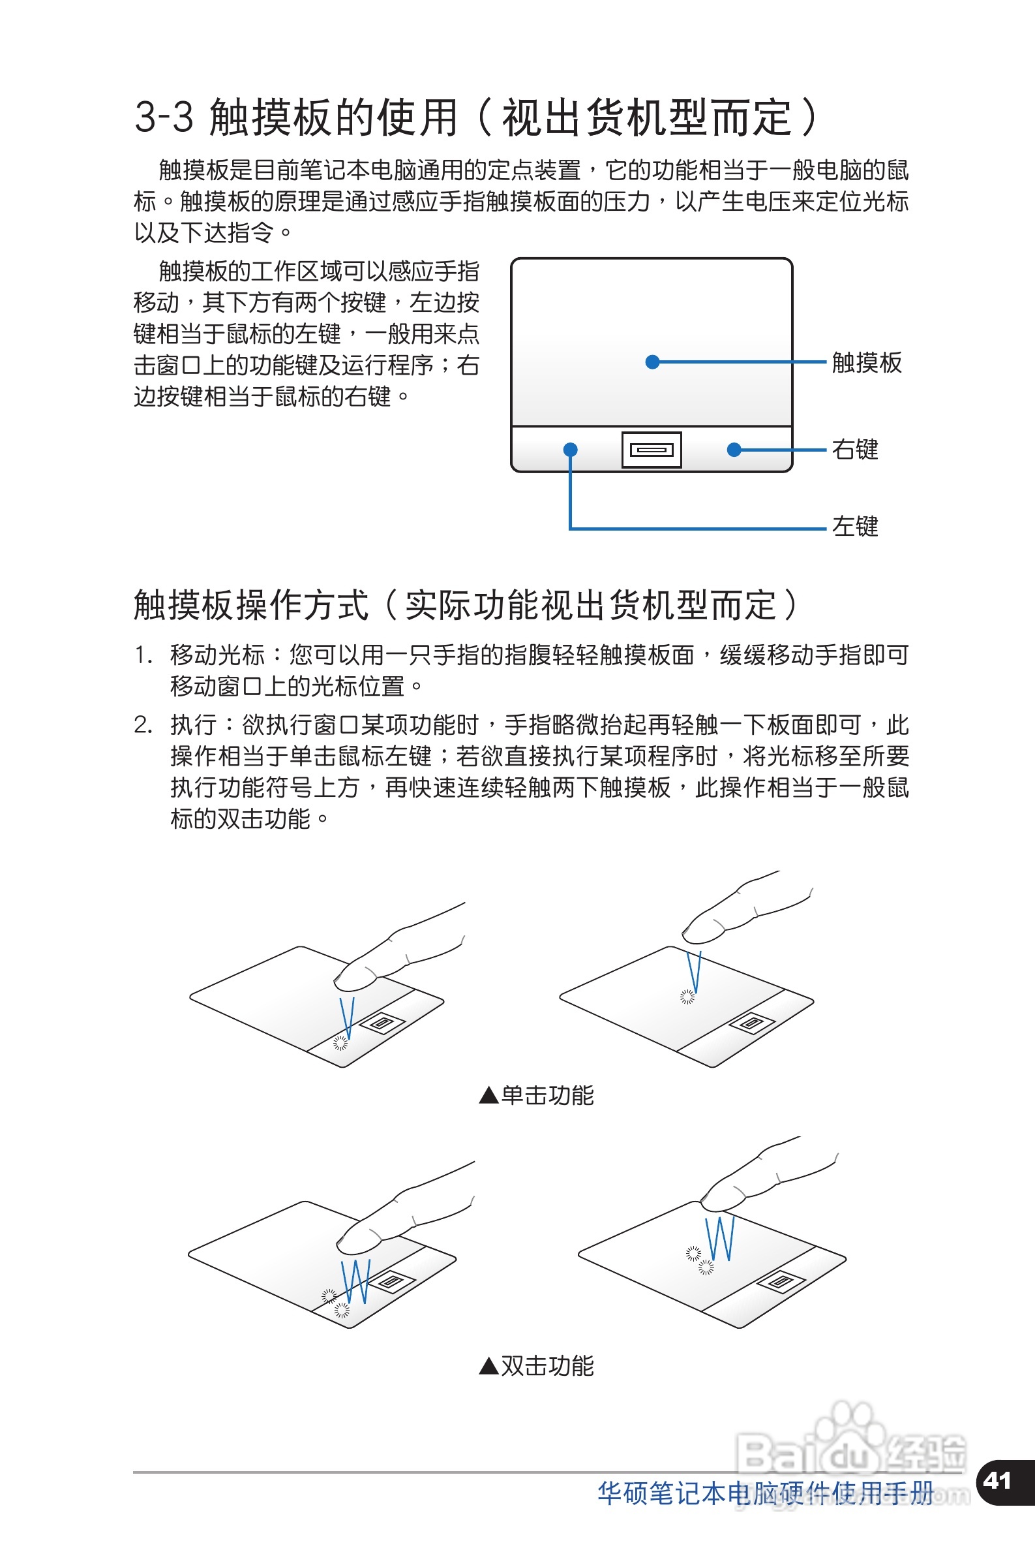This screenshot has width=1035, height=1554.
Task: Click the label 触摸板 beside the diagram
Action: (x=866, y=363)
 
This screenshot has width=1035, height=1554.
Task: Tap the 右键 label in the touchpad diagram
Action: (x=855, y=450)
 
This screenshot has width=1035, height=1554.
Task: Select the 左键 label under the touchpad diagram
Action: (x=855, y=526)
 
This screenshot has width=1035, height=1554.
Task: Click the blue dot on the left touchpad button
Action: (x=570, y=450)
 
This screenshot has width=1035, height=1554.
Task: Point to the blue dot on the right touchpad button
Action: (x=733, y=450)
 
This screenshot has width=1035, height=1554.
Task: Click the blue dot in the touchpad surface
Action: (x=652, y=362)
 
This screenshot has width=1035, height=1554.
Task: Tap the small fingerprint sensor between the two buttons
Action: (x=652, y=450)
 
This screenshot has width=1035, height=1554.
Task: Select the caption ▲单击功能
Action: (x=536, y=1096)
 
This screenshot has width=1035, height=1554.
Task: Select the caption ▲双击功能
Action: (x=536, y=1366)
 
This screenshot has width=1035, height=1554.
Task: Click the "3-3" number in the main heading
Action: (x=164, y=117)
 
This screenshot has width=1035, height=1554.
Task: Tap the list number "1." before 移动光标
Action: (x=143, y=655)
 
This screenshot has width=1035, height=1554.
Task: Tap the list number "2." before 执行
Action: (x=143, y=725)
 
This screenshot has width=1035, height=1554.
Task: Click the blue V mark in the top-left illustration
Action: (x=346, y=1018)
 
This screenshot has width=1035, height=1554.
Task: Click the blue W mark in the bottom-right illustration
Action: (x=720, y=1238)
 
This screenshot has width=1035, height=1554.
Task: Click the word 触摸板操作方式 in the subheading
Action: (x=251, y=605)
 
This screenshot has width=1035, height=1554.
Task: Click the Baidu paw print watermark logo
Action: (x=850, y=1434)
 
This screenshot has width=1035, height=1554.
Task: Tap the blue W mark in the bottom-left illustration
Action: (x=356, y=1281)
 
